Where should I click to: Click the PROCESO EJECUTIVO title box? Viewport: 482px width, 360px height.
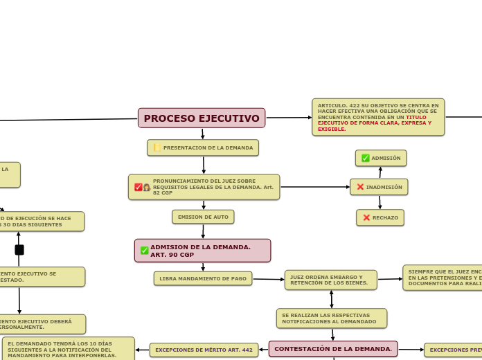(202, 118)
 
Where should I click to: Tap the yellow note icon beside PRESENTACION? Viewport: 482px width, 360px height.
(157, 147)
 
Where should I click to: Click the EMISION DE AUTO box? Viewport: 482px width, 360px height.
(203, 217)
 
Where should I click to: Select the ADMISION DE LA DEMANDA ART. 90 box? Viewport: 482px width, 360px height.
(202, 251)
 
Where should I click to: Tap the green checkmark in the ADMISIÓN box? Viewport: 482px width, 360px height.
(366, 158)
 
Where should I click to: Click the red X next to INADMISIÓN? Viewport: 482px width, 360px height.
(360, 187)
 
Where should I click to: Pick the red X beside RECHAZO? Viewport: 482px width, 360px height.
(366, 217)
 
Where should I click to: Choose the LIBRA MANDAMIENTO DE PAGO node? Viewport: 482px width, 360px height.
(203, 278)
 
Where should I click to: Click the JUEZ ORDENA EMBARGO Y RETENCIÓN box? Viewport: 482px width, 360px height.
(330, 280)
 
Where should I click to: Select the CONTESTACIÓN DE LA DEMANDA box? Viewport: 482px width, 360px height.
(333, 349)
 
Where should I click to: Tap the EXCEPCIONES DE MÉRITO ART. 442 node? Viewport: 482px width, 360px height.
(204, 350)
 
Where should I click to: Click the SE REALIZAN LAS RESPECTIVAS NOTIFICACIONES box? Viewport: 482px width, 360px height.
(331, 318)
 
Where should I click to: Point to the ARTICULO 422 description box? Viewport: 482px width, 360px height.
(378, 117)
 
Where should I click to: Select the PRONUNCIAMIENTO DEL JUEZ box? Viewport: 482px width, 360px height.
(204, 187)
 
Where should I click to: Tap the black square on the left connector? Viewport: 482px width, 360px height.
(19, 250)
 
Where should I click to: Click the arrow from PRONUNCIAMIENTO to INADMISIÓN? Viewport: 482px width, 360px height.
(315, 187)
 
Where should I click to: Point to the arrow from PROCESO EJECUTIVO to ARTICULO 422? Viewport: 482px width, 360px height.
(289, 118)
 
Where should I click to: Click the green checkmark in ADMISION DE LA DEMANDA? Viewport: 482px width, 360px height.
(144, 251)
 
